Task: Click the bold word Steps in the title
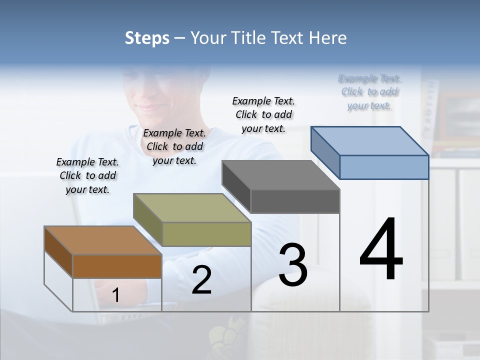(147, 38)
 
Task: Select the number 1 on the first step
(116, 295)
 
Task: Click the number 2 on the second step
(201, 280)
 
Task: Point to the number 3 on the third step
(293, 265)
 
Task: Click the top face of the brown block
(102, 240)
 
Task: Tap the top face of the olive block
(191, 207)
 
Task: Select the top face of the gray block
(280, 175)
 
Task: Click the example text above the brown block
(87, 175)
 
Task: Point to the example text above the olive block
(174, 146)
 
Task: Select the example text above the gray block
(263, 114)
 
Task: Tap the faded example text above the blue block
(369, 92)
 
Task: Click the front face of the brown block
(117, 266)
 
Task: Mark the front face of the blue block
(384, 167)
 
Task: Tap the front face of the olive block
(206, 234)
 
